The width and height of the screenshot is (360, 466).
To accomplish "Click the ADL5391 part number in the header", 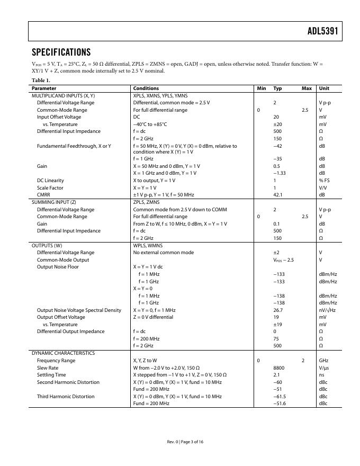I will coord(322,31).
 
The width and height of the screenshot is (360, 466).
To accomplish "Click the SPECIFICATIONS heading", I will coord(61,52).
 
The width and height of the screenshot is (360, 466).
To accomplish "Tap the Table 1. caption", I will coord(41,80).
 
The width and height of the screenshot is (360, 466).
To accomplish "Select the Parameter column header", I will coord(44,88).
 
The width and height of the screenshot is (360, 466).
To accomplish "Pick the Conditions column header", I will coord(146,88).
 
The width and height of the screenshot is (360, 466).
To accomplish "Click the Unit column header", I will coord(323,88).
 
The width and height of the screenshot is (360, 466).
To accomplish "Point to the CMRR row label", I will coord(43,195).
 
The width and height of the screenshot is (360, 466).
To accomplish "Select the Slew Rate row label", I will coord(48,368).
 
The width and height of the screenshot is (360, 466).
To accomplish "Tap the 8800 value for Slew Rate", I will coord(278,368).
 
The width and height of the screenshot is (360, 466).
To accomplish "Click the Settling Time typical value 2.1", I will coord(276,375).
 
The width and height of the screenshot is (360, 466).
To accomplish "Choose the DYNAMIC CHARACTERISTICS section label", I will coord(63,353).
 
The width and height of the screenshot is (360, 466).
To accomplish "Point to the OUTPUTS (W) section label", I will coord(47,246).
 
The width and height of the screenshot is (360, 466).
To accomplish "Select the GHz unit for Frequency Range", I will coord(323,360).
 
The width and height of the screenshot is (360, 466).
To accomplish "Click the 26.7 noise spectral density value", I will coord(277,310).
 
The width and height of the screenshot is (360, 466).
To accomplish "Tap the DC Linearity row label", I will coord(50,181).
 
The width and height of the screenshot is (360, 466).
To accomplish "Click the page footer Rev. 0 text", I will coord(173,442).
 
